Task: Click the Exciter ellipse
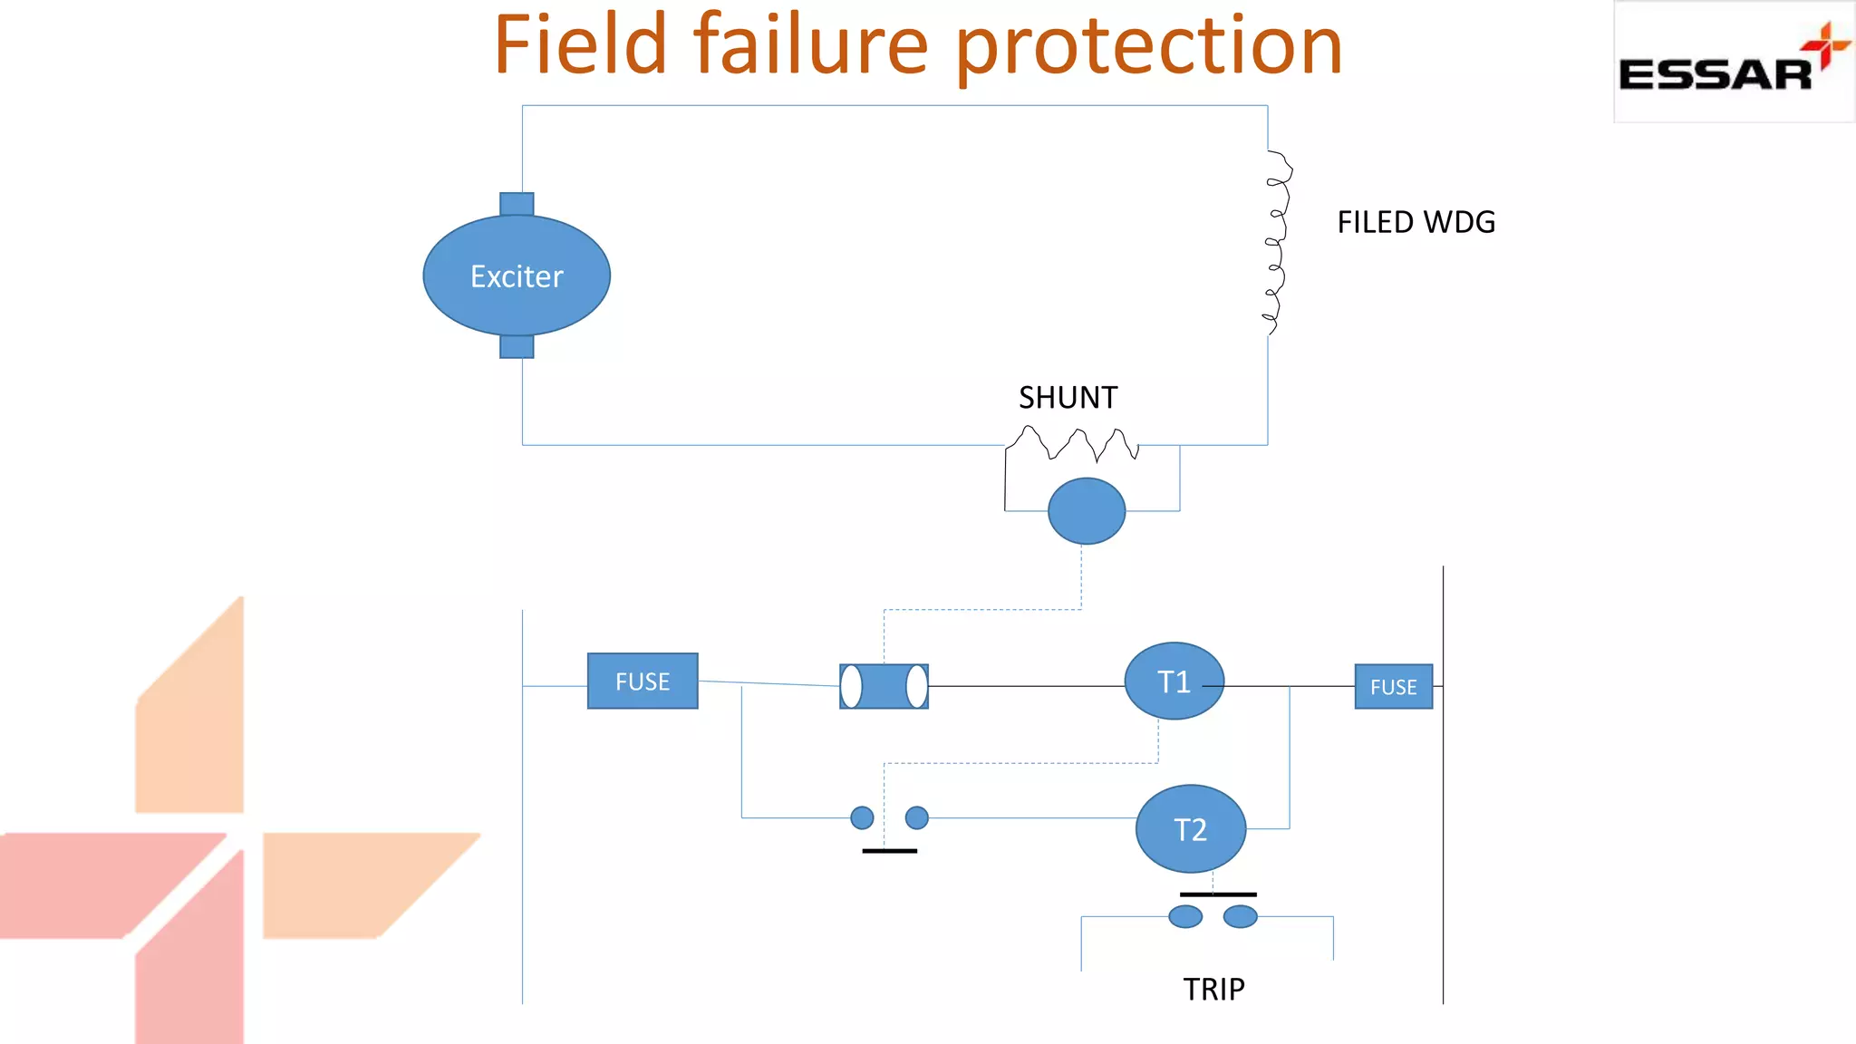[x=517, y=275]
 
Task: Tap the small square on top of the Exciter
[x=517, y=204]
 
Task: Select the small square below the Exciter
[x=517, y=346]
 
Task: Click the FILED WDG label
[x=1416, y=222]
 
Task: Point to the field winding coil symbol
[x=1277, y=243]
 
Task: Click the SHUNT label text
[x=1068, y=398]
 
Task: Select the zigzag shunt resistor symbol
[x=1073, y=444]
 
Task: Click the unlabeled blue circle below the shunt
[x=1087, y=511]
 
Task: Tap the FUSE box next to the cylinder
[x=643, y=681]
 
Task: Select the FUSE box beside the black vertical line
[x=1393, y=687]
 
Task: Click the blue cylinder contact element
[x=884, y=686]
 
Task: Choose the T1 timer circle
[x=1174, y=681]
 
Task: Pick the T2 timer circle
[x=1190, y=828]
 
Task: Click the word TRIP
[x=1213, y=989]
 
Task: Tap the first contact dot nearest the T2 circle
[x=917, y=817]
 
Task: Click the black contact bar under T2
[x=1218, y=894]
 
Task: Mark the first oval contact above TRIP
[x=1185, y=916]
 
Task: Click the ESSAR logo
[x=1733, y=63]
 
